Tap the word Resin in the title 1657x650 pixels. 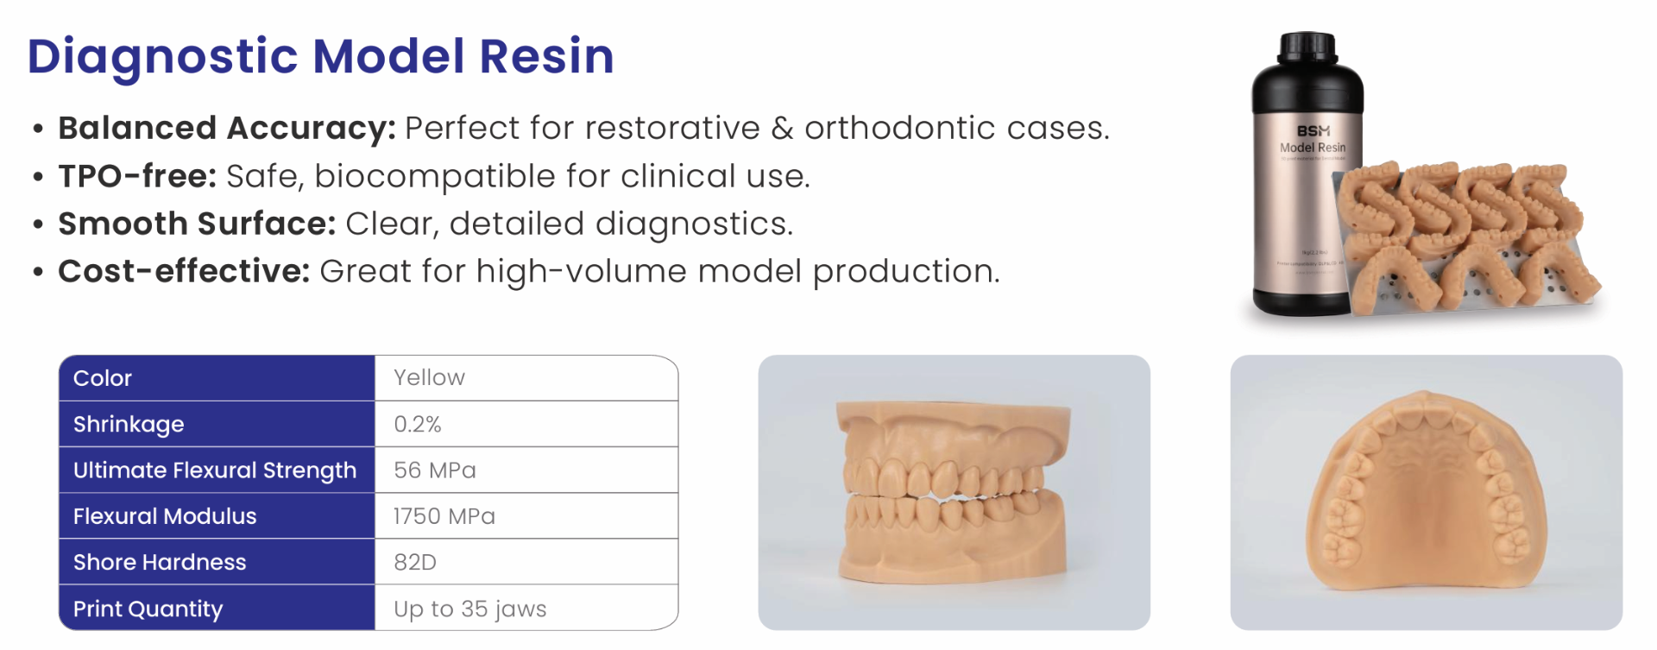(x=545, y=57)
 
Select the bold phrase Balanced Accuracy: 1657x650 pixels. (x=227, y=129)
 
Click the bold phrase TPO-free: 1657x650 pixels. (x=137, y=176)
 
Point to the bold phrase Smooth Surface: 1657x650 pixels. (x=197, y=224)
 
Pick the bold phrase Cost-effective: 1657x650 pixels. (x=184, y=272)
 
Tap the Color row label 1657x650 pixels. (x=103, y=378)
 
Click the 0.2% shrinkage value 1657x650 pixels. (x=418, y=425)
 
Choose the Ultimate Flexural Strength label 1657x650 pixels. (x=215, y=470)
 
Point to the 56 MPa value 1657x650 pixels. (x=435, y=470)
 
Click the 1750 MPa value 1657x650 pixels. (x=444, y=516)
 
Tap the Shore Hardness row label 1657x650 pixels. (x=160, y=563)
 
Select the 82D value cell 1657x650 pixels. (x=415, y=563)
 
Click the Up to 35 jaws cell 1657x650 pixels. (x=470, y=609)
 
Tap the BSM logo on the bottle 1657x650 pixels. (x=1313, y=131)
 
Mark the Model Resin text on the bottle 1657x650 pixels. (x=1312, y=148)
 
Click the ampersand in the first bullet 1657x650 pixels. (x=782, y=129)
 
